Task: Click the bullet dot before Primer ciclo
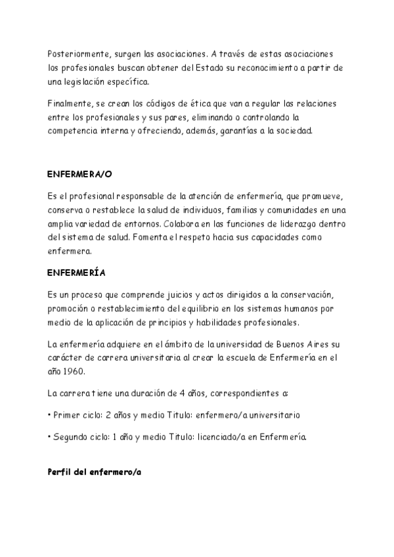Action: click(50, 415)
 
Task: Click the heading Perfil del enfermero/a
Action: click(95, 472)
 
